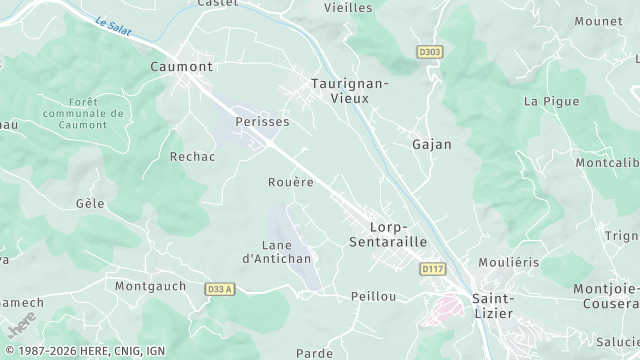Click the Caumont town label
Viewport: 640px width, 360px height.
click(181, 66)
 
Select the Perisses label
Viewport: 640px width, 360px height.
click(262, 121)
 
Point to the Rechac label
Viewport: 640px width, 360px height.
click(193, 157)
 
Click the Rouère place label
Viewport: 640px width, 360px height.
click(291, 182)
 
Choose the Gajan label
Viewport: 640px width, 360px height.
click(432, 144)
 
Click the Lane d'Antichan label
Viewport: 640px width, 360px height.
click(278, 251)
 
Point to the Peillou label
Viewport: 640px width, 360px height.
click(374, 297)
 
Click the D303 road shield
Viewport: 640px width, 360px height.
click(429, 50)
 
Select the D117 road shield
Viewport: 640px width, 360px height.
click(432, 268)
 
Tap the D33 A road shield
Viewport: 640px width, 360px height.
click(218, 289)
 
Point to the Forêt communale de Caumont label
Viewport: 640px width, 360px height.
click(96, 113)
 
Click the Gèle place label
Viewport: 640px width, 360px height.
click(90, 202)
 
